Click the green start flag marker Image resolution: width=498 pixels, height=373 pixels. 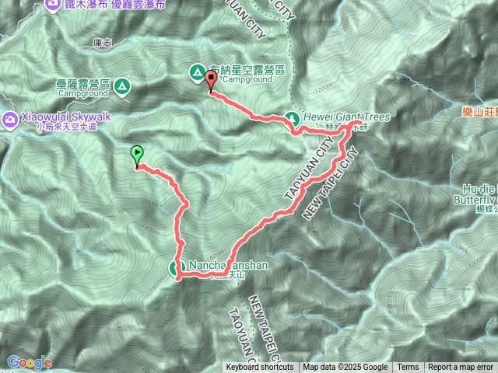click(138, 154)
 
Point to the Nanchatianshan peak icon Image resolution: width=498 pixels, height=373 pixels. click(175, 269)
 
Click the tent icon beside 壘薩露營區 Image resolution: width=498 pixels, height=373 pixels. click(121, 89)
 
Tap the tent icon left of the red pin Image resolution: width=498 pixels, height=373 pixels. click(196, 73)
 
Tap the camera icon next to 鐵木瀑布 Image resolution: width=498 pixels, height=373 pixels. click(53, 4)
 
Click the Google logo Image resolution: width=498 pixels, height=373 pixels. click(29, 361)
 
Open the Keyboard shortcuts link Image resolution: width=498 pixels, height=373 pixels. click(260, 368)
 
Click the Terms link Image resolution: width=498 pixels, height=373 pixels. click(408, 368)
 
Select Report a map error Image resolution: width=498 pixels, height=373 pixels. click(461, 368)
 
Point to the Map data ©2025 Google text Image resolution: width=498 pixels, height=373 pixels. click(345, 368)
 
